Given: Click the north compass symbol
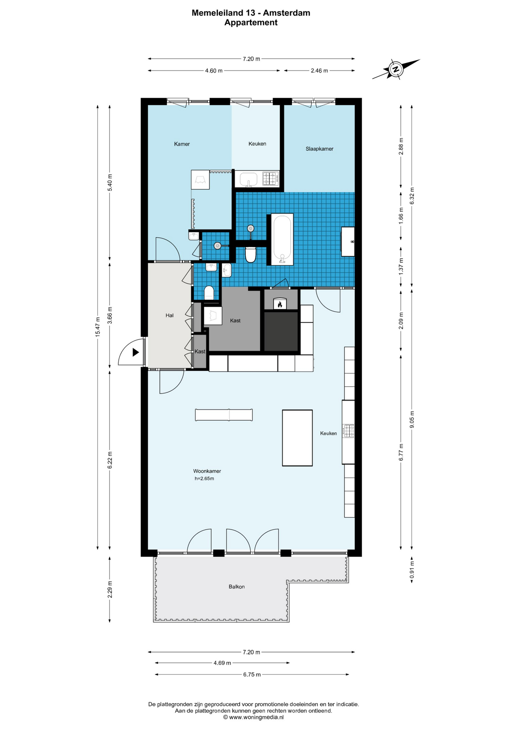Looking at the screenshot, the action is [x=396, y=69].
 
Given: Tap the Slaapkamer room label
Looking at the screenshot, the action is [x=319, y=149].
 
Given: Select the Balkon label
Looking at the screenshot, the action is [x=236, y=587].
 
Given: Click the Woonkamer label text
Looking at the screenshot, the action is [x=207, y=471].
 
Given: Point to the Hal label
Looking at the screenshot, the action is [x=169, y=315].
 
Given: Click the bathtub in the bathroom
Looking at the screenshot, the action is [x=282, y=239].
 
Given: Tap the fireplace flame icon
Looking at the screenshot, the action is [x=280, y=304].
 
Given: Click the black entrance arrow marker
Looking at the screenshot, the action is [x=136, y=352].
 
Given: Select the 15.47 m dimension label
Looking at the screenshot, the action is [x=98, y=327].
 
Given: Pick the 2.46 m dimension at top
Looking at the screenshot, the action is [x=319, y=71].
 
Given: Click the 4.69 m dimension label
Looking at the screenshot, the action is [x=222, y=663].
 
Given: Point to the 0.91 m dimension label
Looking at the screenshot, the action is [x=412, y=570].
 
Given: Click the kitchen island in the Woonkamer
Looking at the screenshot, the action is [x=297, y=438].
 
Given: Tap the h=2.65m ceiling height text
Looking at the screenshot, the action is [x=204, y=479].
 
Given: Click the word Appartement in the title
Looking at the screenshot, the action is [x=251, y=22].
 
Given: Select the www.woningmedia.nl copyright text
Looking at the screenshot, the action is [x=253, y=717].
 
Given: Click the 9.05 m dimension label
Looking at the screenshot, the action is [x=412, y=419].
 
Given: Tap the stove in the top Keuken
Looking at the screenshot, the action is [x=271, y=178].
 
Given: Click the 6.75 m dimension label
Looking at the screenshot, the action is [x=252, y=674].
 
